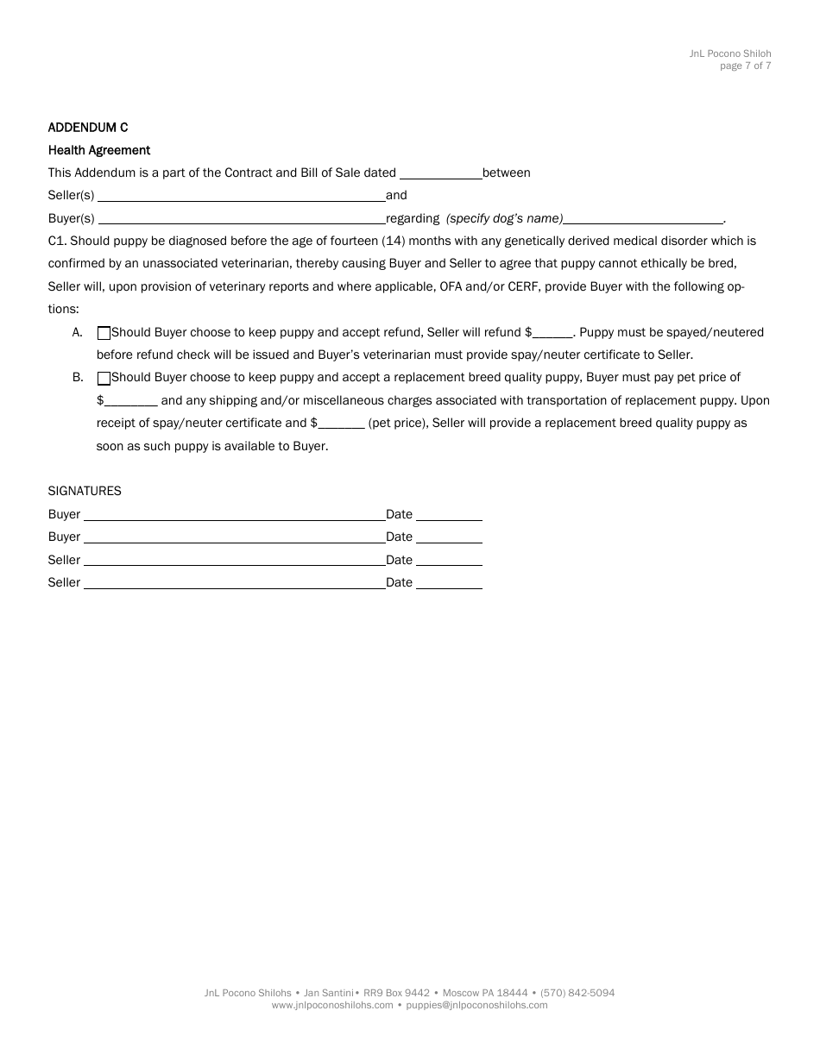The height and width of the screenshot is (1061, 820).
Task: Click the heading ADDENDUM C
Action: point(88,128)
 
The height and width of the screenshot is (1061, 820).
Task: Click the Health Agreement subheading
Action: point(99,150)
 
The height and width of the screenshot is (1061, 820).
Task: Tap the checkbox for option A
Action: point(104,333)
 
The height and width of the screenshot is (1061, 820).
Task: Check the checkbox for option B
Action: point(104,378)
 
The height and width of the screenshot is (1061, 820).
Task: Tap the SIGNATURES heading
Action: point(85,491)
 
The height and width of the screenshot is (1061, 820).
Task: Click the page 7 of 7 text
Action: point(746,66)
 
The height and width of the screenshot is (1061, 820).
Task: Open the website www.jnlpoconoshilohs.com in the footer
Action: point(332,1005)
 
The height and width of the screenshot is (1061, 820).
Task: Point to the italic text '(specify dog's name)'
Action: point(504,218)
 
